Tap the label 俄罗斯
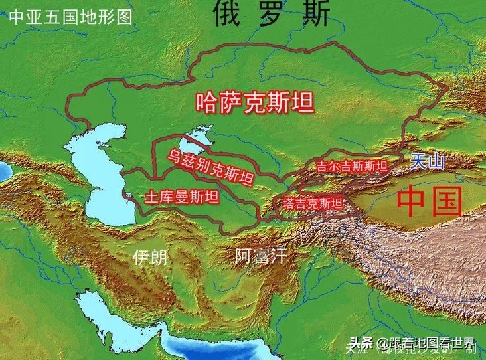pyautogui.click(x=272, y=15)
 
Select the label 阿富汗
pyautogui.click(x=261, y=256)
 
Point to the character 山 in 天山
pyautogui.click(x=436, y=161)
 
